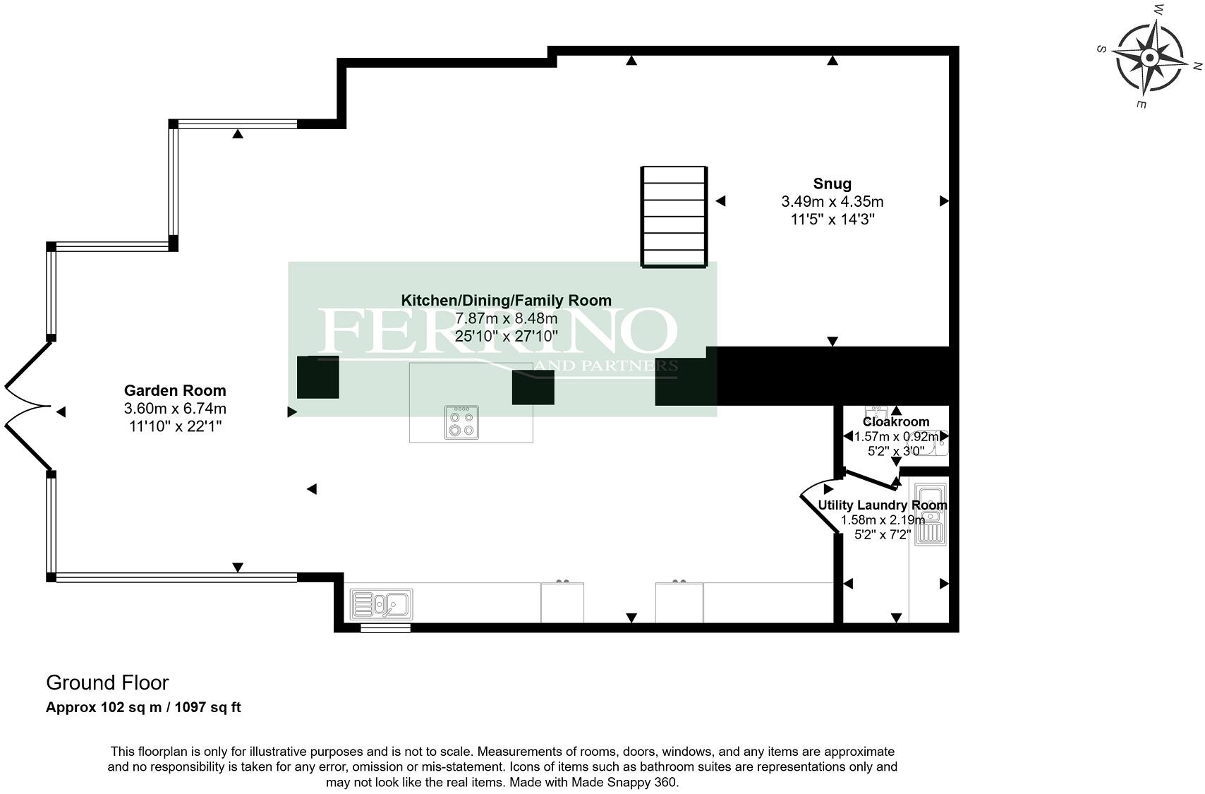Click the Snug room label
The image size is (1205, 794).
[832, 184]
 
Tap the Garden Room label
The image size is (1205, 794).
[175, 391]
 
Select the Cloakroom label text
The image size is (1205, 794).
[896, 422]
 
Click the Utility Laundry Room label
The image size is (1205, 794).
[882, 505]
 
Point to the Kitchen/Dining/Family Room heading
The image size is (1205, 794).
[506, 301]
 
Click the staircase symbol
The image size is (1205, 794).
[674, 217]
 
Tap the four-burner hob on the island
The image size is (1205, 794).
[461, 422]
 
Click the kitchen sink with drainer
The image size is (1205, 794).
[382, 604]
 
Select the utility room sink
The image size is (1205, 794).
[929, 515]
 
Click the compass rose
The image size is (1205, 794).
[1149, 58]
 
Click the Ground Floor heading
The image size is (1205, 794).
[107, 682]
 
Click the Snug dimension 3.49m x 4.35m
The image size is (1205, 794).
[832, 202]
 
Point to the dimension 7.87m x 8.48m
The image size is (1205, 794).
[506, 318]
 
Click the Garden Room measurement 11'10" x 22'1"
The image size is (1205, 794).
[175, 426]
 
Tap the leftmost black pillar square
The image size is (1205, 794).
[317, 377]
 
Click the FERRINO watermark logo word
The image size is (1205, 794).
[497, 332]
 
